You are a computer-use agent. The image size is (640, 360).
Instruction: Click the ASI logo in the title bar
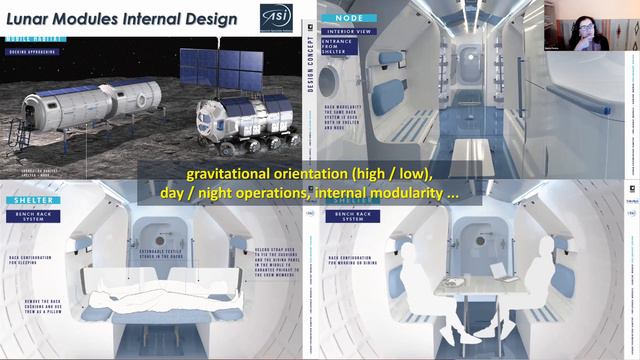click(x=276, y=17)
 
